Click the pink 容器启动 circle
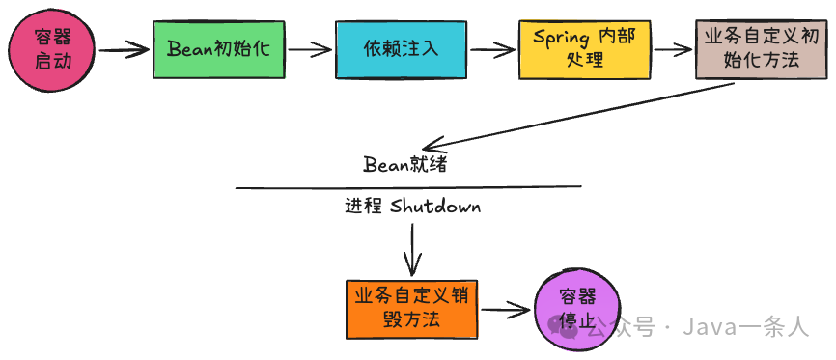(49, 48)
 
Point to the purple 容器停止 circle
(574, 310)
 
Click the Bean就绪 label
(404, 163)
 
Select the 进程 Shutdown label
(412, 207)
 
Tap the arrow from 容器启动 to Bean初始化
(123, 49)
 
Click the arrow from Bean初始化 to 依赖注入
(309, 48)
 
